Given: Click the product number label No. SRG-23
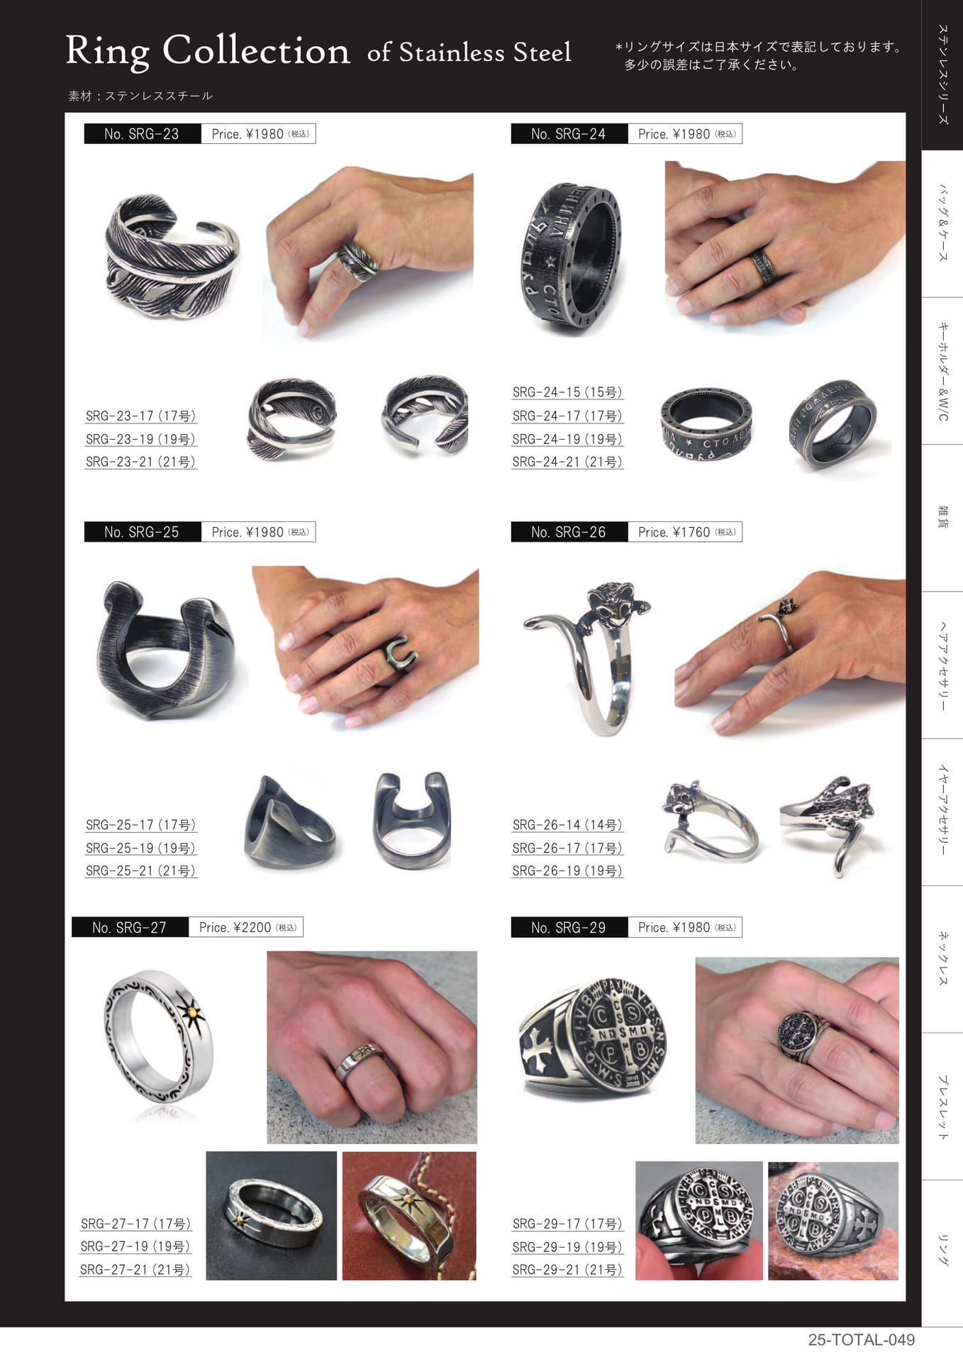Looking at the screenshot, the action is pyautogui.click(x=142, y=134).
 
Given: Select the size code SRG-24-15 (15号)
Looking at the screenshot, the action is pyautogui.click(x=567, y=392).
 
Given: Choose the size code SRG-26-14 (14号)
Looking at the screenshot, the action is pyautogui.click(x=567, y=825).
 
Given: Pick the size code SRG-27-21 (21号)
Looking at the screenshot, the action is pyautogui.click(x=135, y=1270).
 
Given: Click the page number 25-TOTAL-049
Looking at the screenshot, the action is pyautogui.click(x=862, y=1340).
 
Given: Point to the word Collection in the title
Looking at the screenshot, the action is pyautogui.click(x=256, y=50).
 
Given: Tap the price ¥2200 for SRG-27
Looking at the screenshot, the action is pyautogui.click(x=252, y=927).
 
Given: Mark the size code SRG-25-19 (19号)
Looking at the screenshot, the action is pyautogui.click(x=140, y=848).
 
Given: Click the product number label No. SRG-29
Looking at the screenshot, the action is pyautogui.click(x=569, y=927).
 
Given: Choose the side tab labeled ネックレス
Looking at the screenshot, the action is pyautogui.click(x=942, y=959).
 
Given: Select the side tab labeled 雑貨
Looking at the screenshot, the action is pyautogui.click(x=942, y=518).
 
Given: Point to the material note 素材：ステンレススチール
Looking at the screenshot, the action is pyautogui.click(x=140, y=96).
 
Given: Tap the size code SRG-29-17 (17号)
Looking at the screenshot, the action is pyautogui.click(x=567, y=1224).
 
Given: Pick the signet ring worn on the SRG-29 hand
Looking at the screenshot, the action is pyautogui.click(x=803, y=1036).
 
